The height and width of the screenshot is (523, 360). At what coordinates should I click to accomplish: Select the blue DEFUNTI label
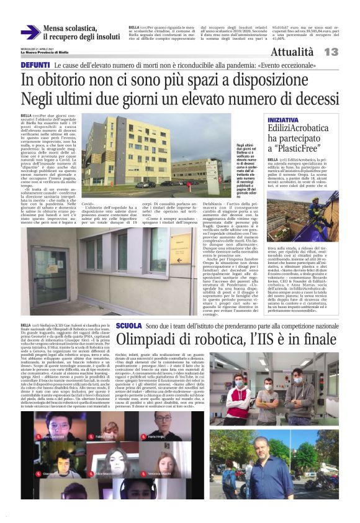(35, 65)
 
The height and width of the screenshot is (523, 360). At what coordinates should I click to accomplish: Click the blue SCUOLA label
(129, 325)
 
